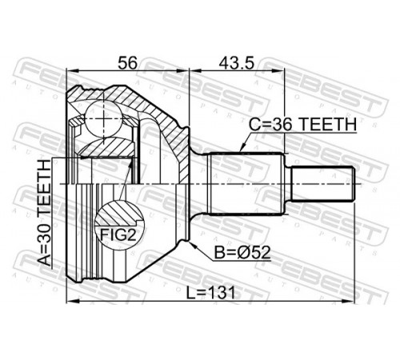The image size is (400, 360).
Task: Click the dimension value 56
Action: point(127,62)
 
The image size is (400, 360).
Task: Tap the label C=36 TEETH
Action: point(302,124)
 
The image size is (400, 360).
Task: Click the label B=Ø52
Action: point(242,253)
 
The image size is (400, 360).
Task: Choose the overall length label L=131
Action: point(210,293)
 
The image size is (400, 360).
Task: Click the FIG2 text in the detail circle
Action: point(118,234)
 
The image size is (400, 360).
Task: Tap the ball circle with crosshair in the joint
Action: point(104,119)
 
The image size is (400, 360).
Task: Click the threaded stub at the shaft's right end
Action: point(322,183)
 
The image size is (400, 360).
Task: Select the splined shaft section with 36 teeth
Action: point(245,184)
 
